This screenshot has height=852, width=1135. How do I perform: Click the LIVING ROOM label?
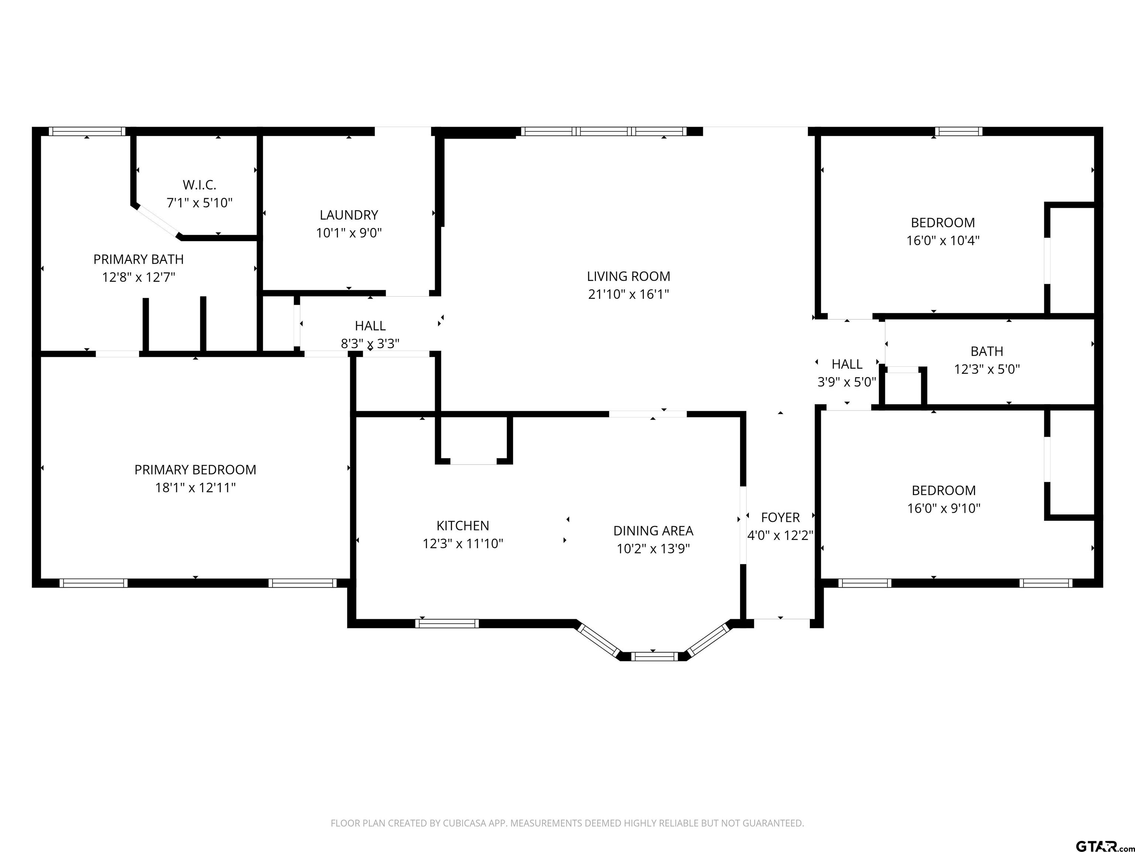click(628, 276)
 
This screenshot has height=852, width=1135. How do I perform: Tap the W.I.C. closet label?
click(200, 185)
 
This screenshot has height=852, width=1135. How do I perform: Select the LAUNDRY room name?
click(349, 215)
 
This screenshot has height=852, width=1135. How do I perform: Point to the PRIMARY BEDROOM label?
click(195, 470)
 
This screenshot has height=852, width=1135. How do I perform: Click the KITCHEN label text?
click(463, 526)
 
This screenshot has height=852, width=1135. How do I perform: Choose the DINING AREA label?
click(653, 531)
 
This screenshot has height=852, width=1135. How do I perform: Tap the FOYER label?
click(780, 518)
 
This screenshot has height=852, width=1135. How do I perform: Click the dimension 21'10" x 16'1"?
click(628, 294)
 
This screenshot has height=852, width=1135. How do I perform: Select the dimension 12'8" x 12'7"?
click(139, 277)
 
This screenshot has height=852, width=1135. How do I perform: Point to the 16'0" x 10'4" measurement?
click(943, 241)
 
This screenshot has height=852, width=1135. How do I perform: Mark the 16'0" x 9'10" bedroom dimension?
click(944, 508)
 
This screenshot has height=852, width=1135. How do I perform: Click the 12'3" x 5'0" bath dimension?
click(987, 369)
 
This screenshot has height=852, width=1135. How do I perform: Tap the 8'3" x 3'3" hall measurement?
click(370, 344)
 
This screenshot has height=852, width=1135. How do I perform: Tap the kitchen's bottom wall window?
click(447, 623)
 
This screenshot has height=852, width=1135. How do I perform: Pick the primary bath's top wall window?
click(87, 132)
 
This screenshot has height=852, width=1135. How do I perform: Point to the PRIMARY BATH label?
click(139, 259)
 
